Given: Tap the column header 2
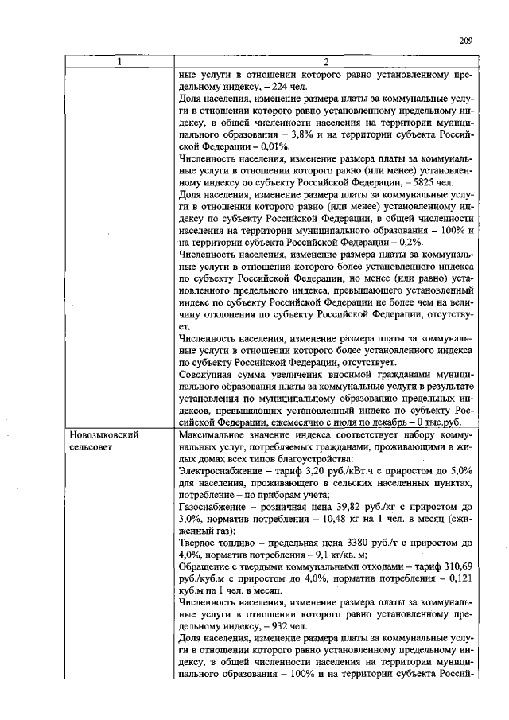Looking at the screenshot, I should (327, 61).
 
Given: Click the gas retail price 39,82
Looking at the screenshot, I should (363, 507).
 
